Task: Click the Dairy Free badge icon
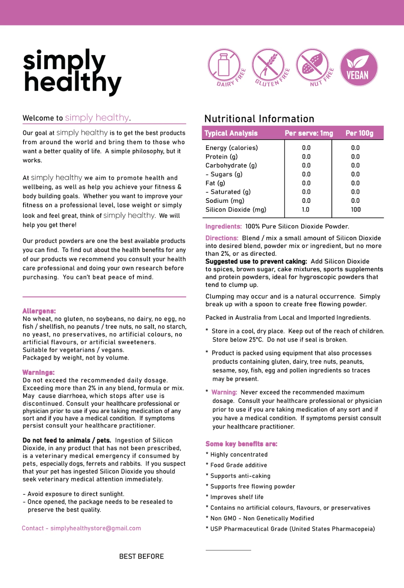point(225,67)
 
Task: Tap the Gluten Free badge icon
point(269,67)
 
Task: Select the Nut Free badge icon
point(313,67)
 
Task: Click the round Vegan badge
point(358,67)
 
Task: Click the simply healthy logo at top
point(72,72)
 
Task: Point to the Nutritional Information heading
point(259,119)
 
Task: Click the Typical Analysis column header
point(231,133)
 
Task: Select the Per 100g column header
point(359,133)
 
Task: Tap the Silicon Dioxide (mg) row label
point(236,209)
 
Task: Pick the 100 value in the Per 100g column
point(356,209)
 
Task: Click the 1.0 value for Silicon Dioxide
point(306,209)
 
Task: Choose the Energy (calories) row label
point(231,148)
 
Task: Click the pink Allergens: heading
point(39,311)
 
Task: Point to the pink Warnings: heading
point(38,372)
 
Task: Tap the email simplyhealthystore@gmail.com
point(95,528)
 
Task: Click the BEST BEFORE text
point(141,556)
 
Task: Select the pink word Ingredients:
point(223,226)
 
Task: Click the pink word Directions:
point(222,238)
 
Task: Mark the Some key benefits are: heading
point(241,444)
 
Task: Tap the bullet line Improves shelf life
point(237,497)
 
